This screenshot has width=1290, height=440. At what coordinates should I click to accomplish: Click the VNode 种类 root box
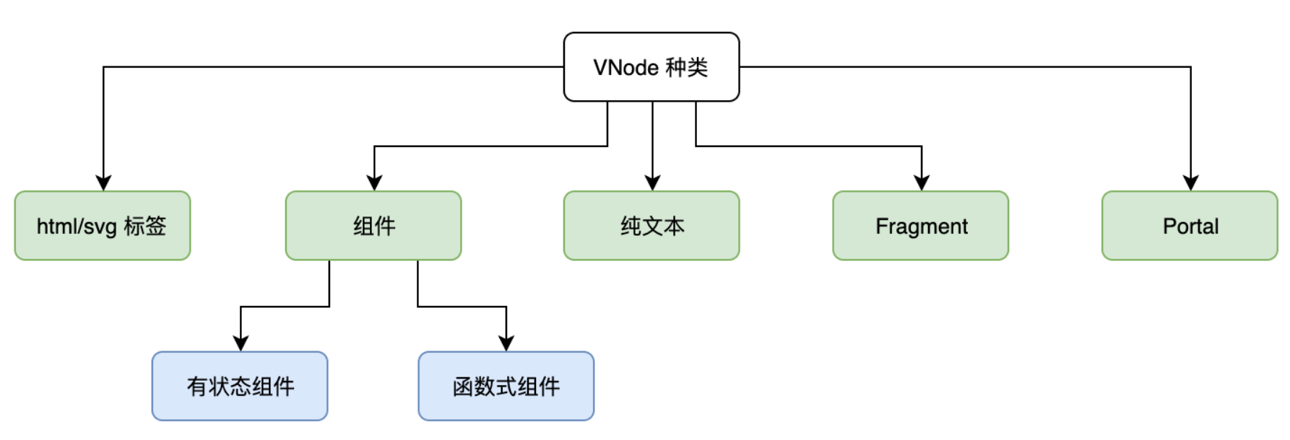(652, 67)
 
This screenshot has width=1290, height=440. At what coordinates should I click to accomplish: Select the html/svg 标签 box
(103, 226)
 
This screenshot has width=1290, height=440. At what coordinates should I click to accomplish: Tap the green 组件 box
(373, 226)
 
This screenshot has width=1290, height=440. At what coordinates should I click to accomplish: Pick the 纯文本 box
(652, 226)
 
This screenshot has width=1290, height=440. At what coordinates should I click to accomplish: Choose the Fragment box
(921, 226)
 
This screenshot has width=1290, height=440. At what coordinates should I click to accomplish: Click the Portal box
(1190, 226)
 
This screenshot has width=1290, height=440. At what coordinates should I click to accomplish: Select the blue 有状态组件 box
(240, 386)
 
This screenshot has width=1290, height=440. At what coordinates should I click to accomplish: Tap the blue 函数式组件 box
(506, 386)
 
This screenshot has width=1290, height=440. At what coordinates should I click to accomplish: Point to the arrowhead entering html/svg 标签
(103, 182)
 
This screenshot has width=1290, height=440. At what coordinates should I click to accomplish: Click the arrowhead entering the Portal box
(1191, 182)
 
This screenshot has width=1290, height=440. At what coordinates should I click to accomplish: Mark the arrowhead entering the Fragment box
(922, 182)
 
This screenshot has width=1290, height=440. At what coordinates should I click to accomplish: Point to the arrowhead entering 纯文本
(652, 182)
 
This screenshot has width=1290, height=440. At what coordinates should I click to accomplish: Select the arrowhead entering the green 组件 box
(374, 182)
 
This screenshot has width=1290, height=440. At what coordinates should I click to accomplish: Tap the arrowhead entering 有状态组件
(241, 343)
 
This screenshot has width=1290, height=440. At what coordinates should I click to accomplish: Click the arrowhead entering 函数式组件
(506, 343)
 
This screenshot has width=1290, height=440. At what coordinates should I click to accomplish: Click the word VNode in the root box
(626, 68)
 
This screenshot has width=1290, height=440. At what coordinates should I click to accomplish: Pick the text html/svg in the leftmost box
(77, 226)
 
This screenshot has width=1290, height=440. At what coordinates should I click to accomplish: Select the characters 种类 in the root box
(687, 68)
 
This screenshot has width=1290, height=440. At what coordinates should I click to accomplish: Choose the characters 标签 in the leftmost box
(145, 226)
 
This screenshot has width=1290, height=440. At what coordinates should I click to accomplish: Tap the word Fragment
(922, 226)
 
